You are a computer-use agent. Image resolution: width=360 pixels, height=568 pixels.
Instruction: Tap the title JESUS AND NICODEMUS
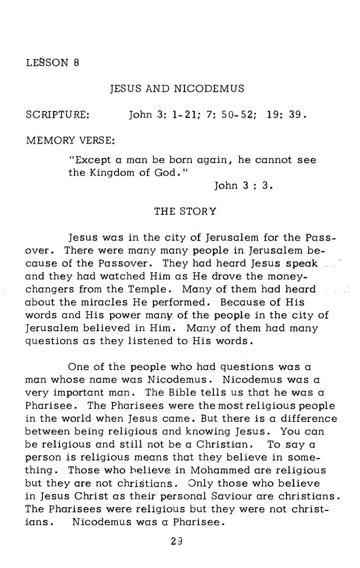[x=177, y=89]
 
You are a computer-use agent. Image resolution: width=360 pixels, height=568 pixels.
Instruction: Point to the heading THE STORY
[x=185, y=211]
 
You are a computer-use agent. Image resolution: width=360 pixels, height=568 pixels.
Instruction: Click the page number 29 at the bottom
[x=176, y=541]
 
